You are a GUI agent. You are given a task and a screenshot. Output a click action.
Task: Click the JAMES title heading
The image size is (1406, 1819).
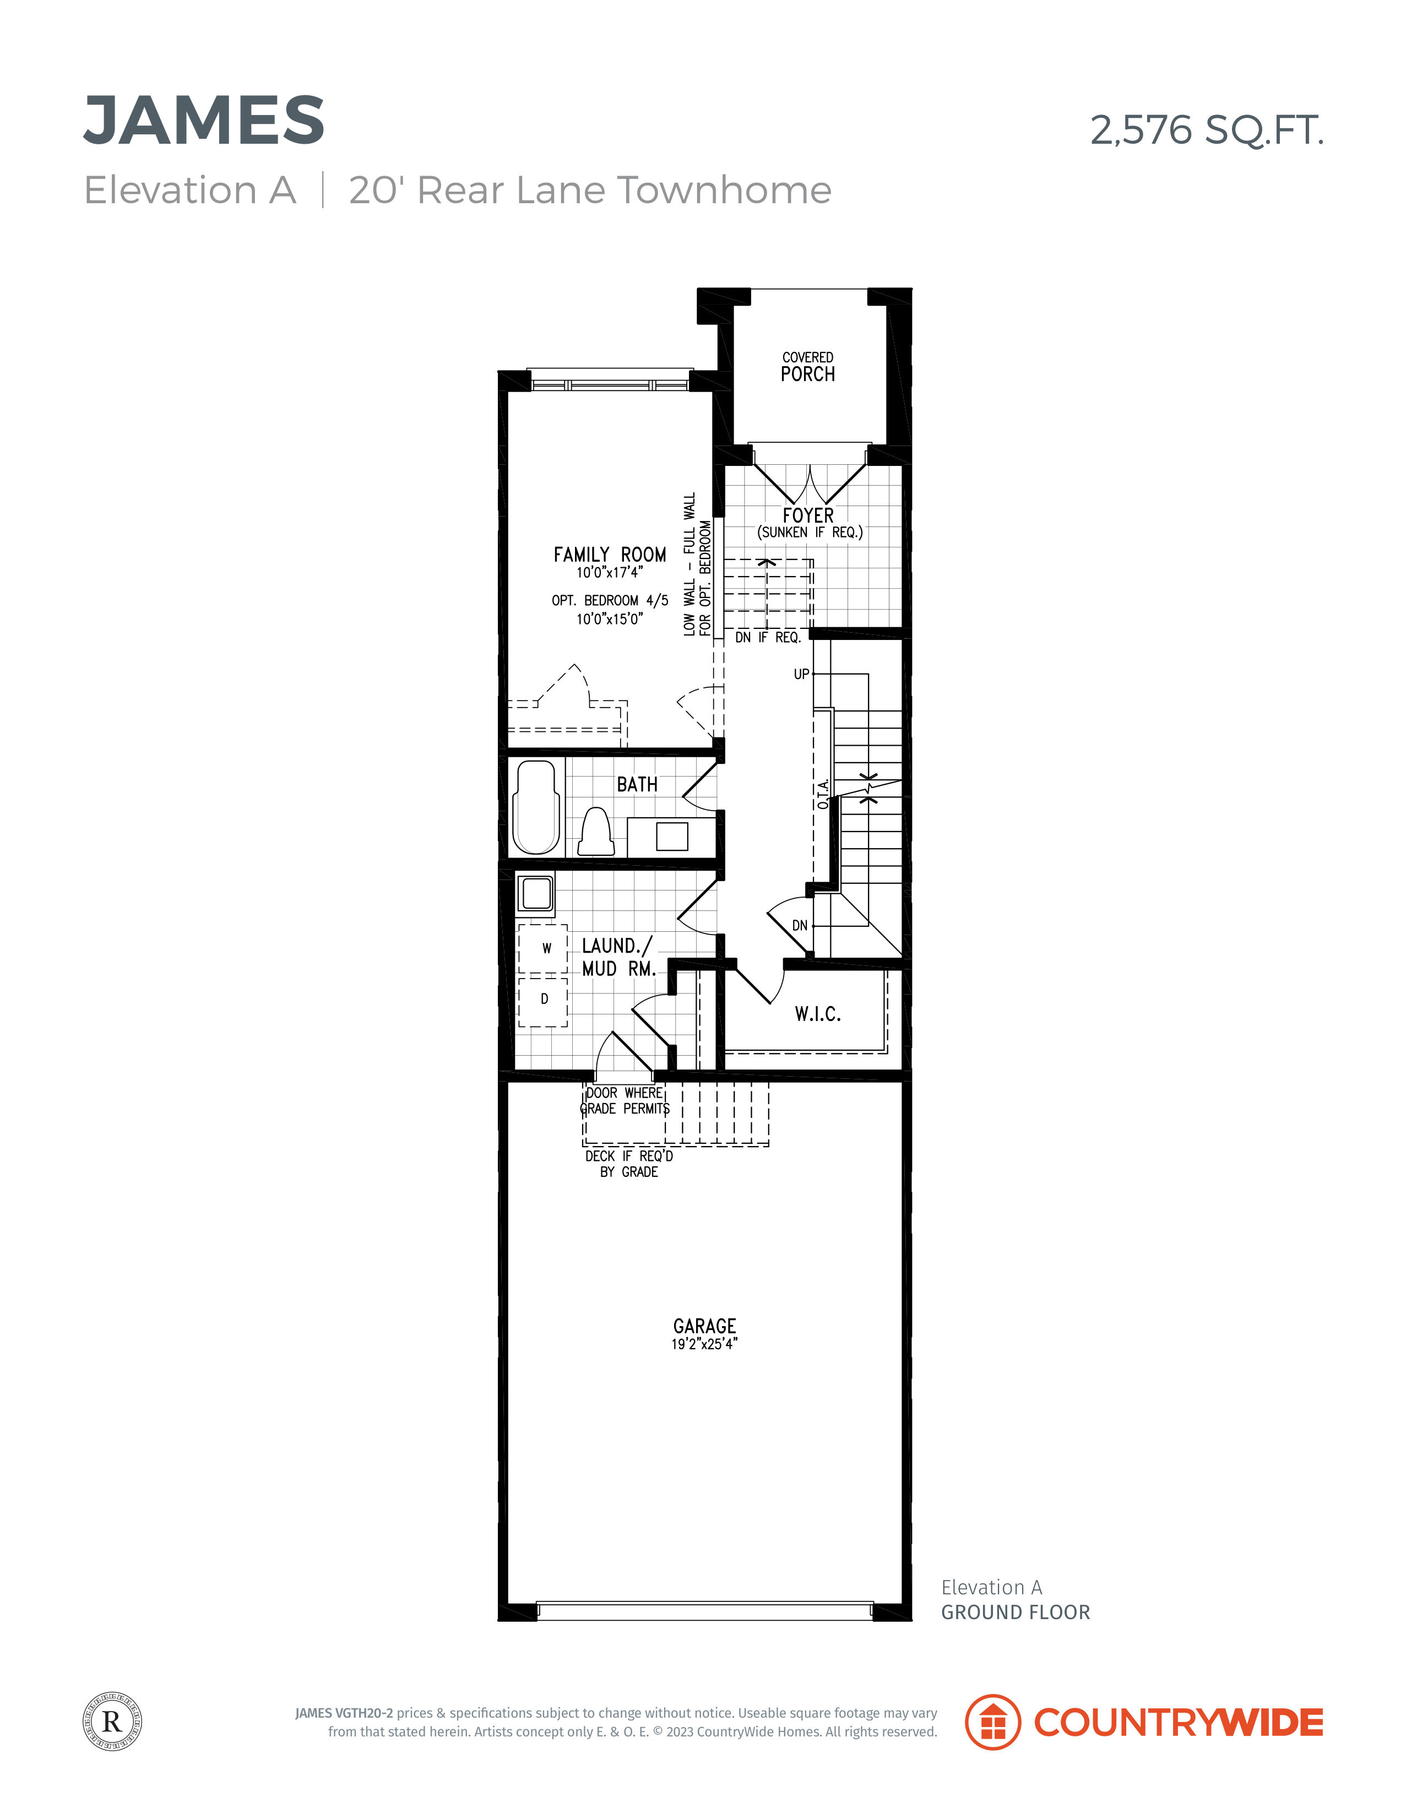tap(204, 120)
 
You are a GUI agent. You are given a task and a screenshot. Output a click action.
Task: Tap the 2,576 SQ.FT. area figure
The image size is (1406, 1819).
tap(1207, 130)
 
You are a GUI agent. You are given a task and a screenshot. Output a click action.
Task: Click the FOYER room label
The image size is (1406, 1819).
tap(808, 515)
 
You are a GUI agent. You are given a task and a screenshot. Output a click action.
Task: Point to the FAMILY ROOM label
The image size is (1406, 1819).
tap(610, 555)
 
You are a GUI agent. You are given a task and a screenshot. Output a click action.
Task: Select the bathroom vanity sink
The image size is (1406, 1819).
tap(671, 836)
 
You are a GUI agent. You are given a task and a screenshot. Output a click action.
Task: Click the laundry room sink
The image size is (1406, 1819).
tap(535, 894)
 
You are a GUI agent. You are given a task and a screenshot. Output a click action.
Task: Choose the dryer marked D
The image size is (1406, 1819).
tap(543, 1001)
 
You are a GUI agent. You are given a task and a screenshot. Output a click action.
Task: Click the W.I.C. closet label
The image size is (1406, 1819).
tap(818, 1014)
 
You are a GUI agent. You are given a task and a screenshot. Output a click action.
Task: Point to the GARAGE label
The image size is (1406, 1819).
tap(705, 1326)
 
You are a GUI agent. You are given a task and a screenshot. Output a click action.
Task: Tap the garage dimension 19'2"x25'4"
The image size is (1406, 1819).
tap(705, 1343)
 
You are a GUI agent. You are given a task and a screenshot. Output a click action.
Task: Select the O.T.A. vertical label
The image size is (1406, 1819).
tap(823, 795)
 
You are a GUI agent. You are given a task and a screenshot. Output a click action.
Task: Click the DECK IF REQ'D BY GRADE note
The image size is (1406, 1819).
tap(629, 1164)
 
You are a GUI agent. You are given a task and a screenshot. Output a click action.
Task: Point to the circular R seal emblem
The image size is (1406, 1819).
tap(112, 1721)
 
